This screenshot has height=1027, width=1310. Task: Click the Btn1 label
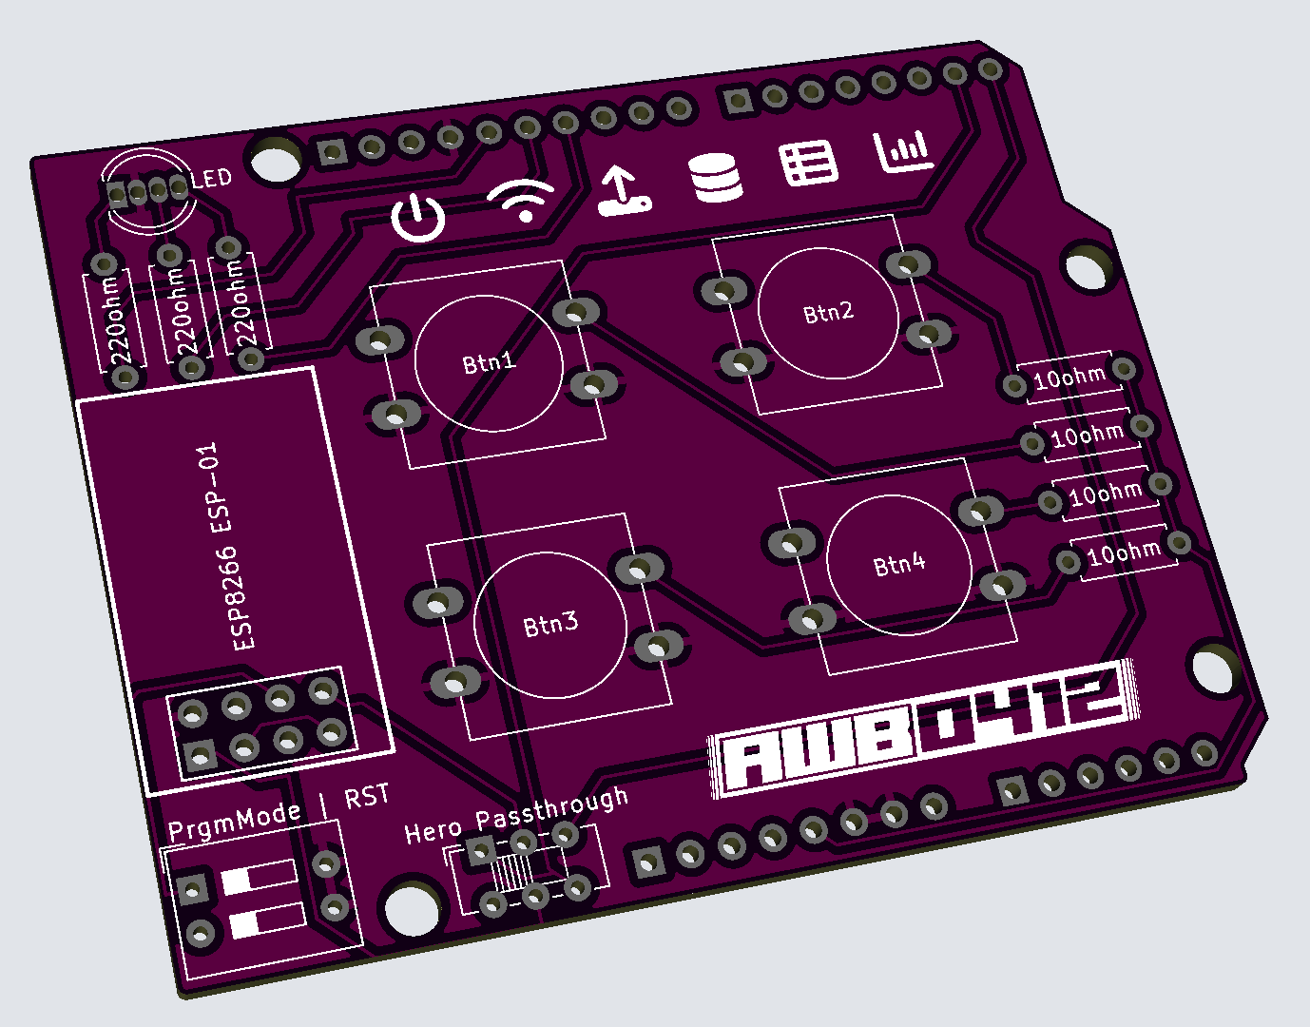click(489, 362)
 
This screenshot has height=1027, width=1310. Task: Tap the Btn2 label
click(828, 312)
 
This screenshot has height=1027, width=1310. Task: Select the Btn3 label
click(550, 625)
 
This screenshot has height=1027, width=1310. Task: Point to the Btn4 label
click(899, 564)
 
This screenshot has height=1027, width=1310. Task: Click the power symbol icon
click(418, 218)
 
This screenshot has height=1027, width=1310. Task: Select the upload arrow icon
click(623, 190)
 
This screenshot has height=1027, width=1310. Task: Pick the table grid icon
click(809, 164)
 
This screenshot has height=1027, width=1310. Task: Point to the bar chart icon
click(903, 150)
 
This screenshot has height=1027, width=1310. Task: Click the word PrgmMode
click(235, 821)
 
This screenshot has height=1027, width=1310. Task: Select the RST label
click(366, 797)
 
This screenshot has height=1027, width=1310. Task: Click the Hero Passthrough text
click(516, 816)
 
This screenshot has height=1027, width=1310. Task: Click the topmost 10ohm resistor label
click(1069, 378)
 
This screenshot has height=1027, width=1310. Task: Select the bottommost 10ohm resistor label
click(1124, 552)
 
